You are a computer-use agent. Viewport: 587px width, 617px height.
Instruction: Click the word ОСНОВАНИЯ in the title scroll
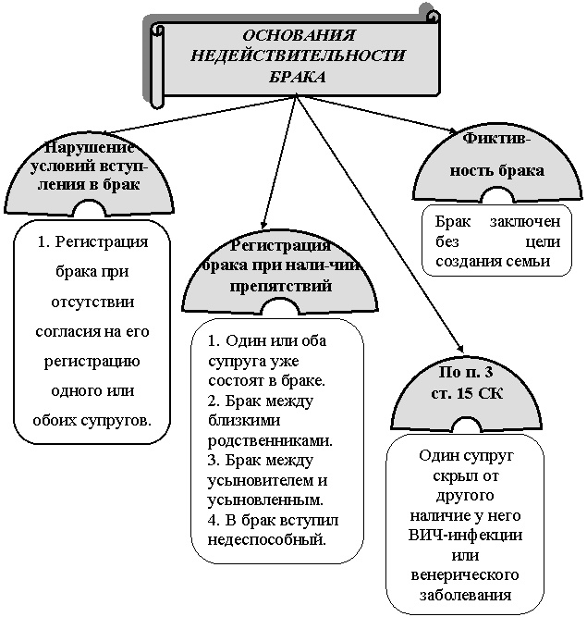299,34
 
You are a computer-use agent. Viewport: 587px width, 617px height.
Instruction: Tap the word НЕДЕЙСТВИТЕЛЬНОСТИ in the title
298,56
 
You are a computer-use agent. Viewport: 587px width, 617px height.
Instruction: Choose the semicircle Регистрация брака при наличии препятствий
280,274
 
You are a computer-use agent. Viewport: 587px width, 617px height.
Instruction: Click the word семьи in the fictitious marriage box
533,263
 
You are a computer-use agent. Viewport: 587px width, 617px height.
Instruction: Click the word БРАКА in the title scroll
298,78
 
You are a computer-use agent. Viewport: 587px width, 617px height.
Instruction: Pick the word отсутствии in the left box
94,301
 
